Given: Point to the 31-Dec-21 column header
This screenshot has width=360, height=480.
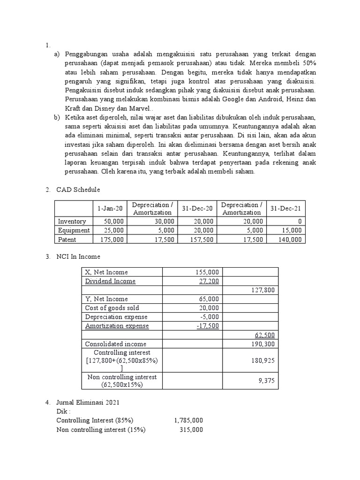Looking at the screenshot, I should pos(285,209).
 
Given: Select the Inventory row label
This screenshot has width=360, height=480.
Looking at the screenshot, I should pos(72,221).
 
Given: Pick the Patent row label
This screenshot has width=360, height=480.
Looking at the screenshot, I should pos(67,239).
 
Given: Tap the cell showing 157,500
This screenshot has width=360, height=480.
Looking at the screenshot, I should pos(202,239).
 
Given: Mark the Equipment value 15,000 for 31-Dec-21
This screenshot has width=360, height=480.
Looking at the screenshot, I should pos(292,230).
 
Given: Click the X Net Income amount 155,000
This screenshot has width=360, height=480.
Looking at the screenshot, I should pos(207,272).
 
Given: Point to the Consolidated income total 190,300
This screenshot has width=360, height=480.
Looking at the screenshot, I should pos(262,344).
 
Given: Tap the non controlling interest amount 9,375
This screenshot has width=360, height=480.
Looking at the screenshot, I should pos(266,381).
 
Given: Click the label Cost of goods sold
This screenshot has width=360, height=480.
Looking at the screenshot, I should pos(112,308).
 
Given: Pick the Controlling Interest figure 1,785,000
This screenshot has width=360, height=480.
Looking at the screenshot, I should pos(188,420).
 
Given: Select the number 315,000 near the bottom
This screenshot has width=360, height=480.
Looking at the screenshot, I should pos(191,429).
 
